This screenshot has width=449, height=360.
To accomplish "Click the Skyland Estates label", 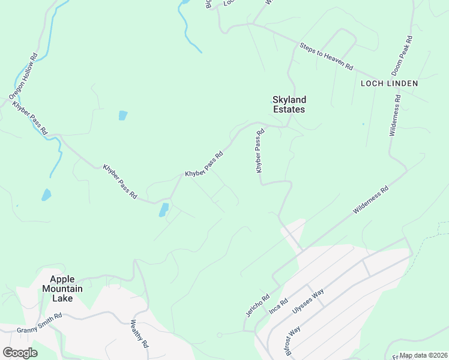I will coord(289,104).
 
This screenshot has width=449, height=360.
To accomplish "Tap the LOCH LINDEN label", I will coord(388,83).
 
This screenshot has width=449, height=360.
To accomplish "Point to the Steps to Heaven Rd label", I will coord(326,56).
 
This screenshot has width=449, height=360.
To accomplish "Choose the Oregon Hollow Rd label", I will coord(23,76).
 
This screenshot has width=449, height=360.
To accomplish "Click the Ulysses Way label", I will coord(308,300).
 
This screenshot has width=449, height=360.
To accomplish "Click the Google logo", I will coord(20,353).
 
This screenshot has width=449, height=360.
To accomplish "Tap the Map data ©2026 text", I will coord(423,355).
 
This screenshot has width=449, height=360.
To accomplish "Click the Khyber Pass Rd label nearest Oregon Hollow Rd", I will coord(29,118).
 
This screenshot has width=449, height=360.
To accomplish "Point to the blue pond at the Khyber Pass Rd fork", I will coord(163,209).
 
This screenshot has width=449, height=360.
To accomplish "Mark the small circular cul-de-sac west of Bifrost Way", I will coord(220,334).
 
